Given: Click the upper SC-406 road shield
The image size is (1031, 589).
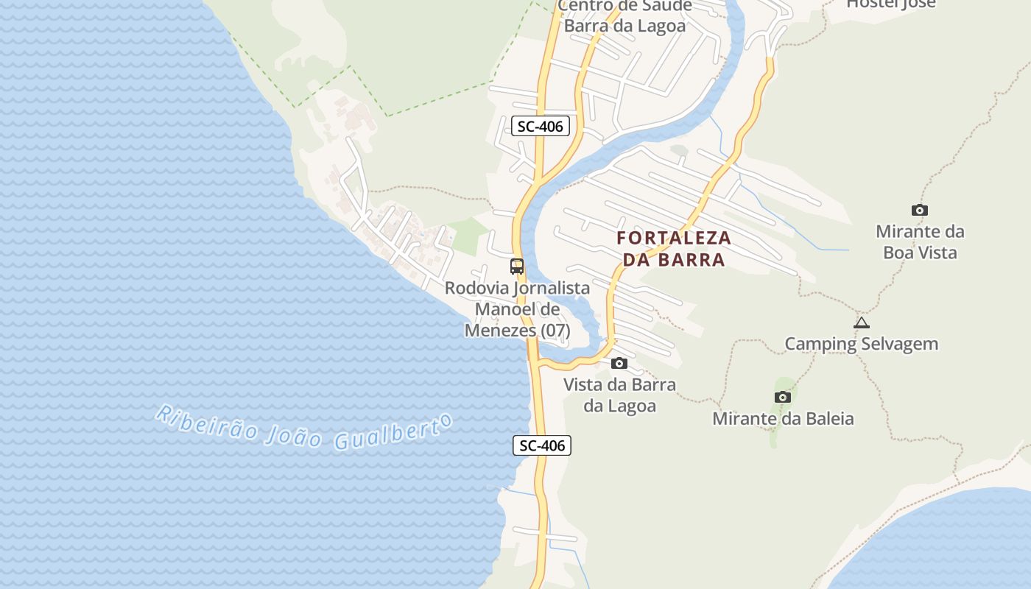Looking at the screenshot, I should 540,126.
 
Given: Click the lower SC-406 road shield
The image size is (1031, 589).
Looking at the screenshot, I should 542,445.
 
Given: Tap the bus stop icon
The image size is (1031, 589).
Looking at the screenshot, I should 517,267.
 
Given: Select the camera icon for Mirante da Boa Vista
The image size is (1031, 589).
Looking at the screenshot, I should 919,211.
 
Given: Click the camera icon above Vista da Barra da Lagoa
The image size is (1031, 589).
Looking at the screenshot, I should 619,363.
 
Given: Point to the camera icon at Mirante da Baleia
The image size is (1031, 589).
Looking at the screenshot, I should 782,398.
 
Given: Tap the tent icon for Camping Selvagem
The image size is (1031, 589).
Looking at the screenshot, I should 862,322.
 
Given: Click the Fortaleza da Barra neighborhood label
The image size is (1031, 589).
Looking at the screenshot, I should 674,249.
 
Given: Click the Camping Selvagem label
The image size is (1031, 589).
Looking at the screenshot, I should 861,344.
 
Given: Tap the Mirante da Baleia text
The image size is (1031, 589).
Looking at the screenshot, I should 783,419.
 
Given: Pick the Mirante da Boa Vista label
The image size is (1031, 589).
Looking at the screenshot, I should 920,242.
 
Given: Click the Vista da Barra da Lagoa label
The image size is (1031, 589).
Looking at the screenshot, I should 619,395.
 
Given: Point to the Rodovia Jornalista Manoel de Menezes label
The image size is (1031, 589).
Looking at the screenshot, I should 517,309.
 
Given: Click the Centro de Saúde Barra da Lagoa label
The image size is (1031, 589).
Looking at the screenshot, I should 624,16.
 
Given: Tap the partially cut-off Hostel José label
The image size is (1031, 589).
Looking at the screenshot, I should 890,4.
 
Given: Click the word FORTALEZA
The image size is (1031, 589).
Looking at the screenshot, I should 674,239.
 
